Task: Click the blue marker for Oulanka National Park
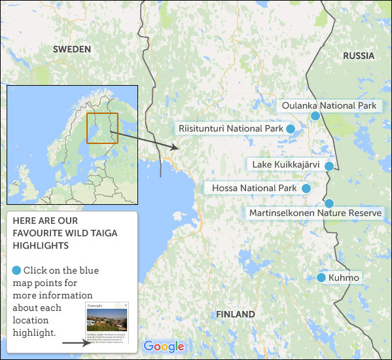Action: (315, 116)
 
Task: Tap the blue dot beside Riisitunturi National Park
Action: (290, 129)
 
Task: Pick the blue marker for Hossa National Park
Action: (305, 189)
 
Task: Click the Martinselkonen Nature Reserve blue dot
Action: (329, 203)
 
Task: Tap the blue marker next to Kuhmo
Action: (321, 278)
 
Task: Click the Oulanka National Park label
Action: (329, 105)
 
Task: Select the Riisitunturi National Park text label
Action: (230, 129)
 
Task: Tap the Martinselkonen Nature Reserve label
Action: (315, 213)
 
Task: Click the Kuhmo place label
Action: (345, 278)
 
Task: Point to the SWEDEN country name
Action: (72, 49)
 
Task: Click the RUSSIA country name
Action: (359, 56)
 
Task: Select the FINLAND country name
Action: (236, 315)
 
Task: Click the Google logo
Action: (164, 347)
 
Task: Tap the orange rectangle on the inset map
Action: (102, 128)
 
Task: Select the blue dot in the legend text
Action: (16, 270)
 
